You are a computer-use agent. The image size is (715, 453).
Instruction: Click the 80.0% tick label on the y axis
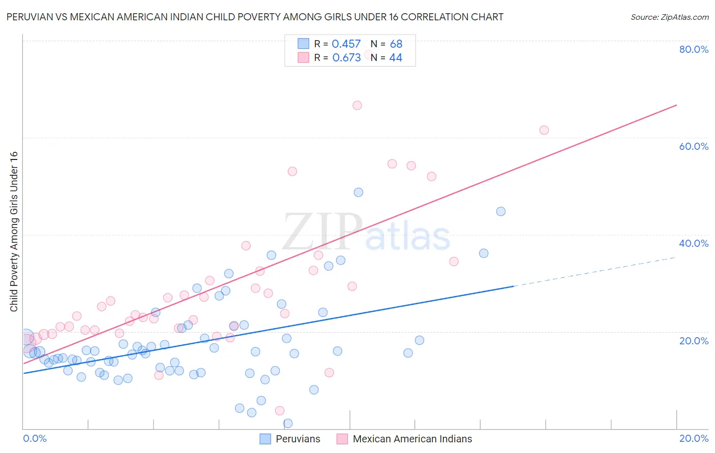694,49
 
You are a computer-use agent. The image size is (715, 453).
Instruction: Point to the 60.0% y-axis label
694,146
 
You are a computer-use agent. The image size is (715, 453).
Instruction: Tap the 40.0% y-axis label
694,243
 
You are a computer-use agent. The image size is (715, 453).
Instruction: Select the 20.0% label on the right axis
694,341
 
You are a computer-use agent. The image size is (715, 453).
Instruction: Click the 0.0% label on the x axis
35,438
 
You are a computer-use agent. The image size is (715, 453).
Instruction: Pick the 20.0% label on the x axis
694,438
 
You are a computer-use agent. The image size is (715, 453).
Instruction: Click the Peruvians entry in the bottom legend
297,439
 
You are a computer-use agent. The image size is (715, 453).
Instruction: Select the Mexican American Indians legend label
412,439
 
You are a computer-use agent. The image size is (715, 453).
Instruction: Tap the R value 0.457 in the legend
346,44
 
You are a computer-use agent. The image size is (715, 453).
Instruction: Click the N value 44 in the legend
395,58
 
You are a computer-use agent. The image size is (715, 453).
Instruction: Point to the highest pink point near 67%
357,106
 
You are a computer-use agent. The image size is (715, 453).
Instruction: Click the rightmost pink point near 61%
544,130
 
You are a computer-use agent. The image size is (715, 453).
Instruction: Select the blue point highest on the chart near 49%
359,192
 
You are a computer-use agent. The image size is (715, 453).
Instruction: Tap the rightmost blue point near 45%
501,211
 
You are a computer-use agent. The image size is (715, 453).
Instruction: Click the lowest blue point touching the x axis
288,423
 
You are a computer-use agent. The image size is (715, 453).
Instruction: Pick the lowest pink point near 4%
279,410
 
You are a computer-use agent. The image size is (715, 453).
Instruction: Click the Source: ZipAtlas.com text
669,17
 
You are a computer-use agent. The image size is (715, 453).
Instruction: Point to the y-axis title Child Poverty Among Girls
14,231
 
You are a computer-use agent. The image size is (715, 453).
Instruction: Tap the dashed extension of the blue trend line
595,272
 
